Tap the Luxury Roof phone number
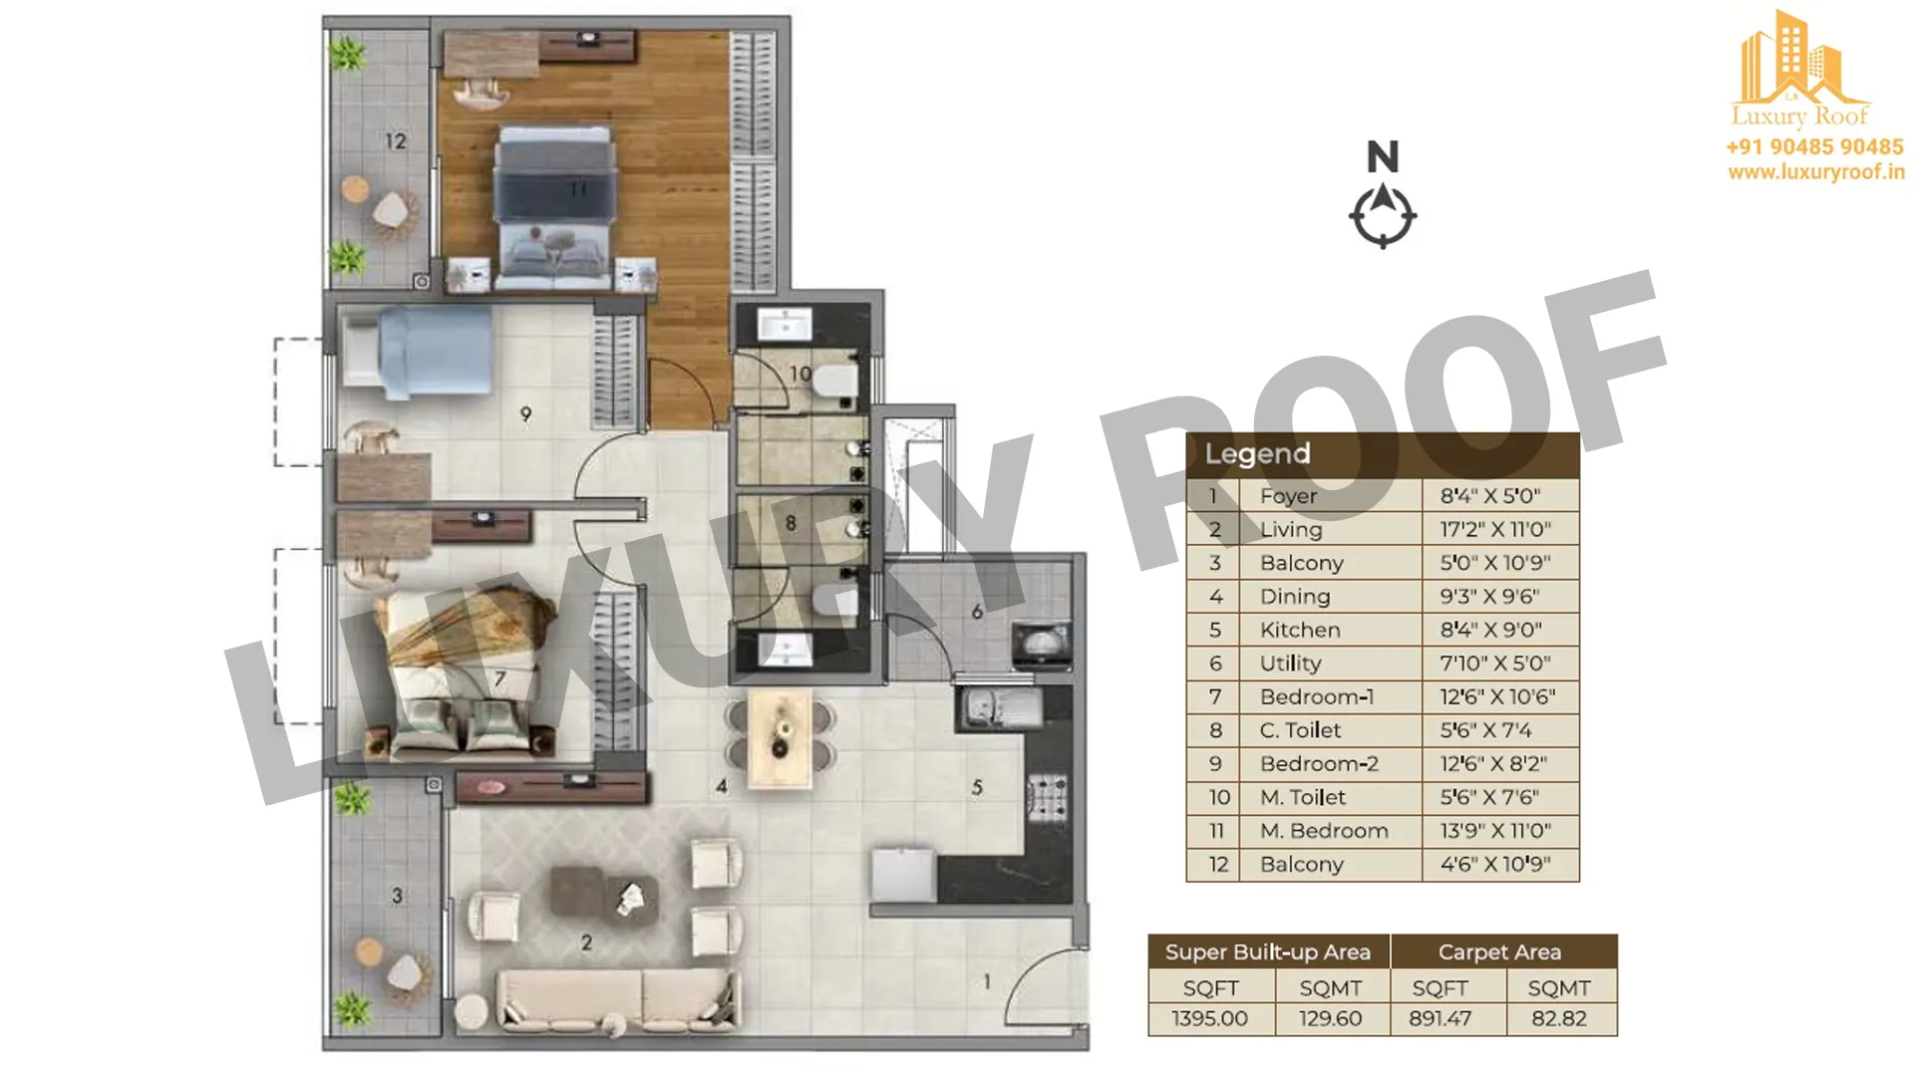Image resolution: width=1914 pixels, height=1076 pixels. [x=1814, y=146]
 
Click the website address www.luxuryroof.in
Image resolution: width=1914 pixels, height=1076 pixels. [x=1816, y=172]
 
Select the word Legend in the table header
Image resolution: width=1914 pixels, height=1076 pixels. [x=1257, y=454]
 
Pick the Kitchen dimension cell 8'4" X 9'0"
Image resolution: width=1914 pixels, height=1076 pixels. [x=1490, y=630]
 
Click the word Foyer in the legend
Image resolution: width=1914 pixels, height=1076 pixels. [x=1288, y=496]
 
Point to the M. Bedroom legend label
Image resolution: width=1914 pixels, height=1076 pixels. [x=1324, y=831]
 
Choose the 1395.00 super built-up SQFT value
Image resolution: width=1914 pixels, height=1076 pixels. [x=1209, y=1018]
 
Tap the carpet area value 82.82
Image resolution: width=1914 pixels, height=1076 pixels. [x=1559, y=1018]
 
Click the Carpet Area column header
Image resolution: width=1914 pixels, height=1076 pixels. [x=1499, y=952]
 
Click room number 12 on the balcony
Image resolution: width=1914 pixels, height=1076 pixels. [x=396, y=141]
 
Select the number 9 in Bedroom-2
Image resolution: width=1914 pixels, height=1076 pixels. [x=525, y=413]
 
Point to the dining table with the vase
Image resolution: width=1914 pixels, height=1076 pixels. [x=781, y=738]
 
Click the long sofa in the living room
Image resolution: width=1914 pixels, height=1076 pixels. [x=619, y=1000]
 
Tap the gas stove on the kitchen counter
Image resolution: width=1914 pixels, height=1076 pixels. [x=1047, y=797]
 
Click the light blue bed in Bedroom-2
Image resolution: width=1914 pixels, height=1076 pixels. [x=418, y=352]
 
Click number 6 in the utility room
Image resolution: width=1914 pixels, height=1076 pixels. [x=977, y=611]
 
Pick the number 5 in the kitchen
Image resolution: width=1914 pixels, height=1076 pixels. [x=977, y=787]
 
